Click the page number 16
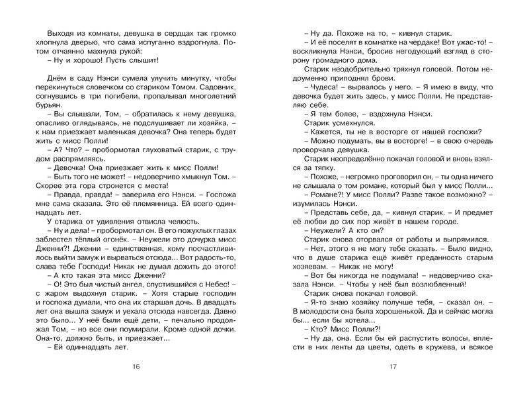[137, 367]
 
